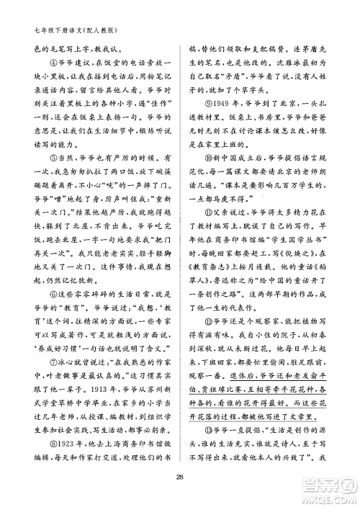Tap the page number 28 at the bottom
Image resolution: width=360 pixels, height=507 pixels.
180,476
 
